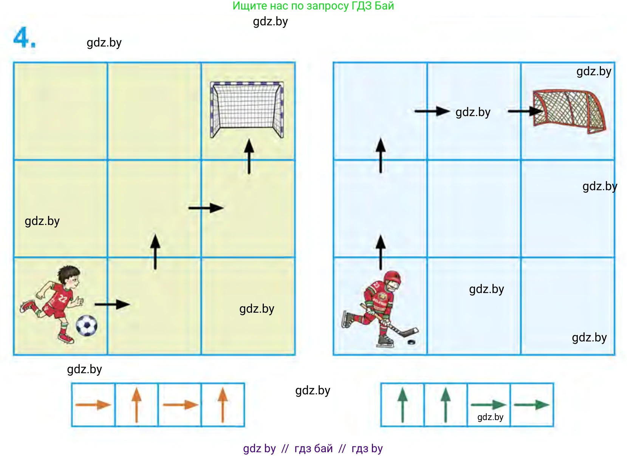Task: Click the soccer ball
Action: click(87, 325)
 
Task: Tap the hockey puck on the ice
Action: click(411, 342)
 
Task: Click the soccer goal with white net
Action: click(247, 110)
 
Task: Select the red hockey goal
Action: click(569, 111)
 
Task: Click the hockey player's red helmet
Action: click(392, 277)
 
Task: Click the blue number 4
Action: click(25, 37)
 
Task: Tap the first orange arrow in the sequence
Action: click(93, 405)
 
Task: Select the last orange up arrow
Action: click(223, 405)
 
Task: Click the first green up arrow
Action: click(403, 405)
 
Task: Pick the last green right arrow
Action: click(531, 405)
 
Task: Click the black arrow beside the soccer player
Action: click(112, 304)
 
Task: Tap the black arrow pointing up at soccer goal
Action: click(249, 156)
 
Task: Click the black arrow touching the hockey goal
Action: click(525, 111)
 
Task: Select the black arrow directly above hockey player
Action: click(381, 252)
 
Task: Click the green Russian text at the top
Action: click(313, 6)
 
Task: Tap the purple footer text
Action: click(313, 448)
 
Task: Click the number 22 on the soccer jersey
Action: click(62, 299)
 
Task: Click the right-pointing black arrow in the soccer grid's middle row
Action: click(206, 208)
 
